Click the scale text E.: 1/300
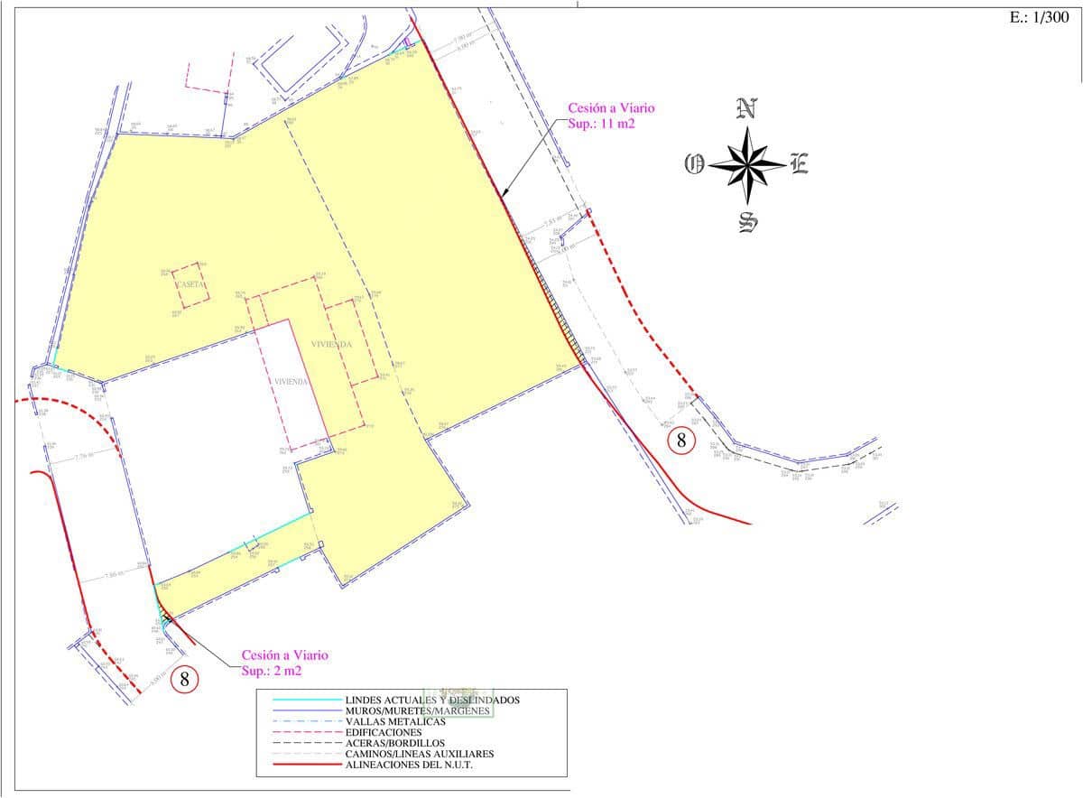[x=1040, y=18]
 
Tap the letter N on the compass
[x=746, y=108]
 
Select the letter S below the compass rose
[x=747, y=221]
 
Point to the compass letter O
[x=694, y=164]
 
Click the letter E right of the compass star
[x=799, y=164]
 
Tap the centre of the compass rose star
[x=747, y=164]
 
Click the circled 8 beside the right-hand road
[x=681, y=441]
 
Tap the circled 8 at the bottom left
[x=184, y=679]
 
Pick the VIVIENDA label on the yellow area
[x=331, y=345]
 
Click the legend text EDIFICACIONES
[x=384, y=732]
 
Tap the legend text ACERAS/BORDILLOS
[x=394, y=743]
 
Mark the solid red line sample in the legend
[x=305, y=766]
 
